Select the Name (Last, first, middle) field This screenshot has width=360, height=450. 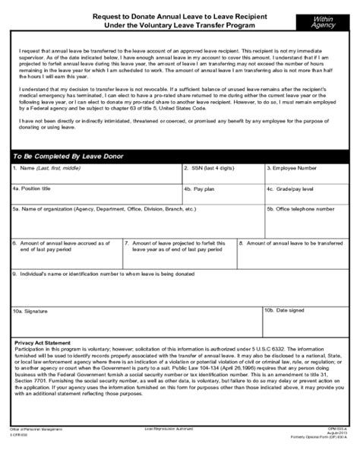pyautogui.click(x=96, y=174)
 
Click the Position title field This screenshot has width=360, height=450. pyautogui.click(x=96, y=194)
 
